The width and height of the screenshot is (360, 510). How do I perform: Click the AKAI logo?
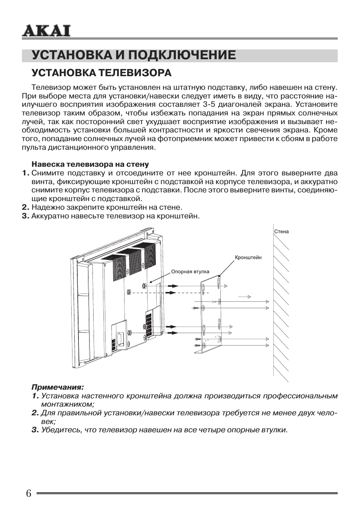(46, 31)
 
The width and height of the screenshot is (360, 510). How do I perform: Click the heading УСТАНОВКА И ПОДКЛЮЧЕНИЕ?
(134, 55)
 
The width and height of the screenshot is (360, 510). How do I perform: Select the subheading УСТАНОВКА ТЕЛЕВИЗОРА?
(102, 72)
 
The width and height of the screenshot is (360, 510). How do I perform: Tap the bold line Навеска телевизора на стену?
(90, 164)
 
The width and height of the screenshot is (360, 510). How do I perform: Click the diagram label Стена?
(282, 232)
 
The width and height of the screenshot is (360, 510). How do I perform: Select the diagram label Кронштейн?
(248, 258)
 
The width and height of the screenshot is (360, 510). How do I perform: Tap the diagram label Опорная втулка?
(190, 272)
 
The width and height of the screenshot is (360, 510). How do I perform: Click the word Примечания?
(57, 387)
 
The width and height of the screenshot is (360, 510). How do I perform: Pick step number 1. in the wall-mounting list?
(26, 173)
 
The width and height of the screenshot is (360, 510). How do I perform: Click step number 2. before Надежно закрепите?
(26, 207)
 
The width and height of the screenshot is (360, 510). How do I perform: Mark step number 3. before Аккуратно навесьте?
(26, 216)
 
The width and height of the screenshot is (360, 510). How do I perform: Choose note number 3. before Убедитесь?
(35, 430)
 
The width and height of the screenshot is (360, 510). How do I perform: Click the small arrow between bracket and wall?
(245, 297)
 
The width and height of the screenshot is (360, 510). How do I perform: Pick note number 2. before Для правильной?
(35, 413)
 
